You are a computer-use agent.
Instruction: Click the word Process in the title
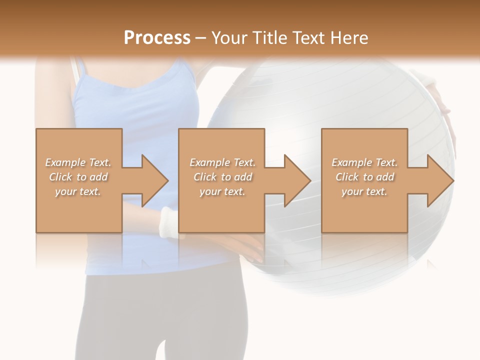[x=157, y=38]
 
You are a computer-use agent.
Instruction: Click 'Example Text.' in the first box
[x=78, y=162]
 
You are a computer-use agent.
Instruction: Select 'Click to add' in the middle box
[x=222, y=177]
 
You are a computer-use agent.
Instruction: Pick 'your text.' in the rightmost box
[x=364, y=191]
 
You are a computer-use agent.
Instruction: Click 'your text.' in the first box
[x=78, y=191]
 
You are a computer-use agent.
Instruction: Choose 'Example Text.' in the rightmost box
[x=364, y=162]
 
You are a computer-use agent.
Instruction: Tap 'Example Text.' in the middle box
[x=222, y=162]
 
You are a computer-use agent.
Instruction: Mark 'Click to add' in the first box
[x=78, y=177]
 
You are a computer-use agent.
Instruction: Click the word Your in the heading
[x=228, y=38]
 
